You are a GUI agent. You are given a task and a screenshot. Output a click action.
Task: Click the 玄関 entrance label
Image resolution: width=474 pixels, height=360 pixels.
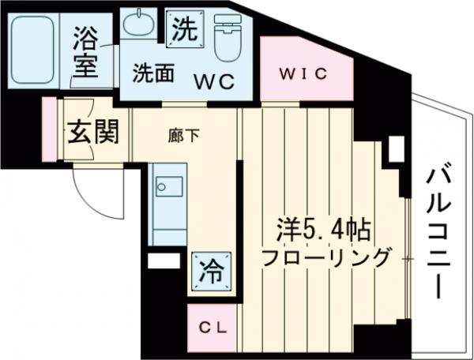pos(91,132)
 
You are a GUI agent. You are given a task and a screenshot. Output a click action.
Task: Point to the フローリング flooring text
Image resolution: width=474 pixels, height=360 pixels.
pos(325,257)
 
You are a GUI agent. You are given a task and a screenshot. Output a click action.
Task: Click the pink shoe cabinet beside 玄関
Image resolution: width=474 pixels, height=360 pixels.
pos(50,129)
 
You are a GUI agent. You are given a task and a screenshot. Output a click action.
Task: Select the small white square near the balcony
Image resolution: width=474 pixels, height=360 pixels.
pos(395,148)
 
